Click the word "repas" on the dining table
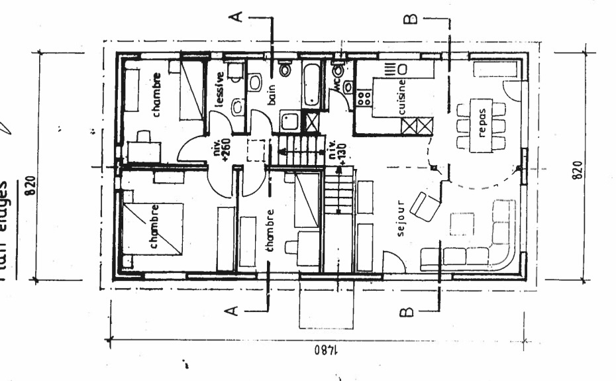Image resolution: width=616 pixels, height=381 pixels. pos(482,125)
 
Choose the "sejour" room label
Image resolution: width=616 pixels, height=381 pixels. pos(400,225)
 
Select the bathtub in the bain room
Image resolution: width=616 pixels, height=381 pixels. pos(311,84)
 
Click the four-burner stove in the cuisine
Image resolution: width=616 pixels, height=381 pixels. pos(364,99)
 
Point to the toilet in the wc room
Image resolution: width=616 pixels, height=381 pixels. pos(338,70)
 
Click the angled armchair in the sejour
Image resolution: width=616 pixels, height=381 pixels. pos(425,205)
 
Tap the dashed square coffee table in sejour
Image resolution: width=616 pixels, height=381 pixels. pos(462,225)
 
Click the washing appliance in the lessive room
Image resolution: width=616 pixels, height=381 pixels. pos(234,72)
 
